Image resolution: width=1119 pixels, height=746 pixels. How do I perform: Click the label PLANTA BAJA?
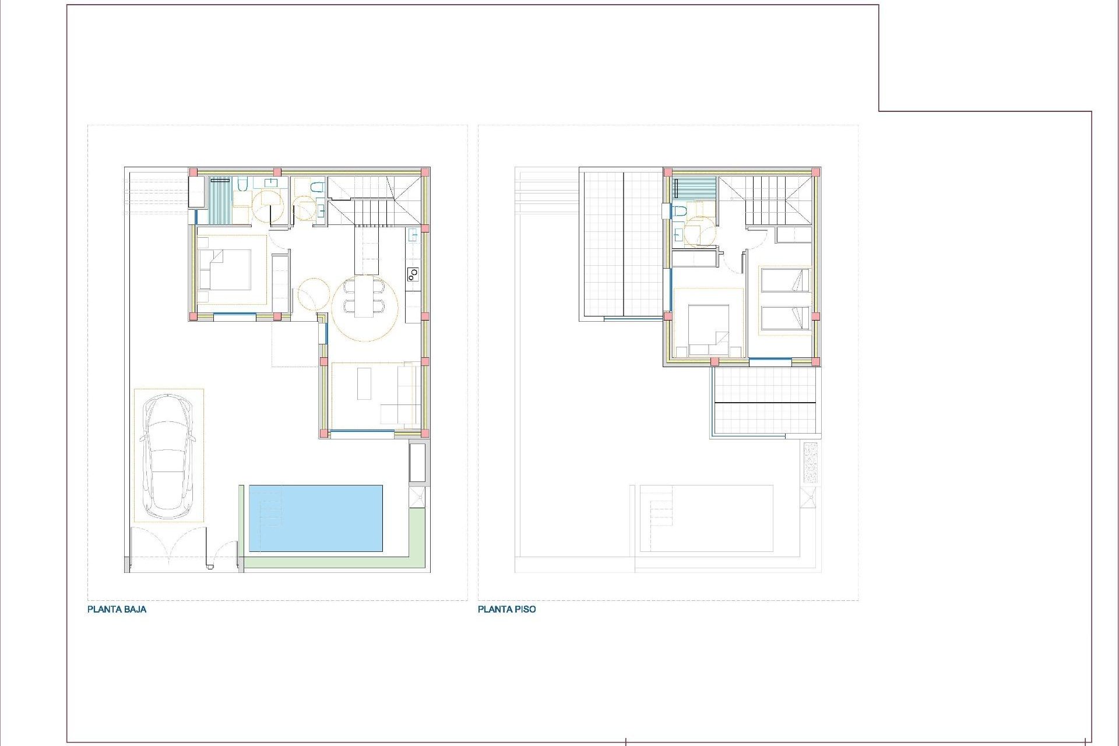117,609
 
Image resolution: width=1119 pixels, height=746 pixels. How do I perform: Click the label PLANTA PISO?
506,609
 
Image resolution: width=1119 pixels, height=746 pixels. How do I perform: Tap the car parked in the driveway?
168,456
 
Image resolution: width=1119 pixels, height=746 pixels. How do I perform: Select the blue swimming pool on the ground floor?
315,518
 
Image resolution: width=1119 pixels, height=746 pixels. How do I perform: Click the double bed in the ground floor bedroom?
225,270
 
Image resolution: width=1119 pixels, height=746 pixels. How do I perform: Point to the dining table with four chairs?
364,297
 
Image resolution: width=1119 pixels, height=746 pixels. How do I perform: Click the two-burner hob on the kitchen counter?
413,274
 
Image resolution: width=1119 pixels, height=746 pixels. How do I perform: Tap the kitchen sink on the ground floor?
413,235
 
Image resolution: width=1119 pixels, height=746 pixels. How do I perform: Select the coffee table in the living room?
364,383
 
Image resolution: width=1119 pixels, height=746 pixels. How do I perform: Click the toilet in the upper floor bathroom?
679,211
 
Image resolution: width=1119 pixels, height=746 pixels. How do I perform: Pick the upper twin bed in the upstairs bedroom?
784,280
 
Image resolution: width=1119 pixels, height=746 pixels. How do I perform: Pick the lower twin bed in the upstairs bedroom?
784,318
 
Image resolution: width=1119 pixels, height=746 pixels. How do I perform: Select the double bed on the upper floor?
708,330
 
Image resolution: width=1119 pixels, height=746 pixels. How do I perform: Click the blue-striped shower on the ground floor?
220,200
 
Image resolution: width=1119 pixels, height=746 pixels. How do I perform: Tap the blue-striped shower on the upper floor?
695,188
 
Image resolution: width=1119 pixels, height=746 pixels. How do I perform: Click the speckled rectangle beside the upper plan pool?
810,462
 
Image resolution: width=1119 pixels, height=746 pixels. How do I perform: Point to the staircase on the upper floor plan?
765,201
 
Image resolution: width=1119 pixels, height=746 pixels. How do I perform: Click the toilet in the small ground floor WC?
316,188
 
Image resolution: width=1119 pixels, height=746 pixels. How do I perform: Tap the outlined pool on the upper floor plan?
706,518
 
